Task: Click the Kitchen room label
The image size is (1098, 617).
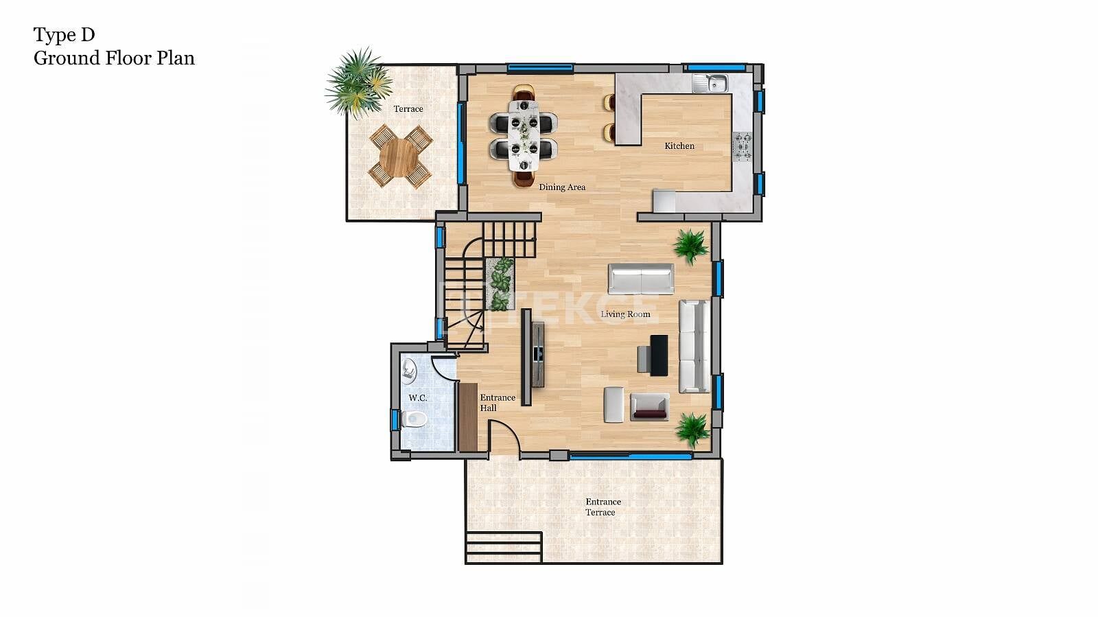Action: pyautogui.click(x=679, y=146)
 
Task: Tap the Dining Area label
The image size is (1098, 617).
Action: pyautogui.click(x=562, y=187)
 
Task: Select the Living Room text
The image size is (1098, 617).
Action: pyautogui.click(x=625, y=314)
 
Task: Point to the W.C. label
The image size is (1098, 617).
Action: pyautogui.click(x=418, y=398)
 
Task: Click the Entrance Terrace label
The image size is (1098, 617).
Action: pyautogui.click(x=603, y=507)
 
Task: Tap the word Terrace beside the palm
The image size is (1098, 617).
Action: pyautogui.click(x=408, y=109)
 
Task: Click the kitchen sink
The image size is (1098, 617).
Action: pyautogui.click(x=710, y=83)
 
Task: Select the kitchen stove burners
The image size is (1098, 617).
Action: pyautogui.click(x=742, y=147)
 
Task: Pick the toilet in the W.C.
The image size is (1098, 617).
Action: pyautogui.click(x=414, y=419)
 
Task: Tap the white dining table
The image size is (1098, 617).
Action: pyautogui.click(x=524, y=136)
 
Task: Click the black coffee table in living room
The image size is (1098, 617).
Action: pyautogui.click(x=659, y=356)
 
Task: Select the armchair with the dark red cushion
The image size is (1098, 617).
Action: pyautogui.click(x=649, y=407)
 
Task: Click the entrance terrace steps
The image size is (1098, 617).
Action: pyautogui.click(x=504, y=548)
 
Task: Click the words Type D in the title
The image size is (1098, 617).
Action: pyautogui.click(x=65, y=35)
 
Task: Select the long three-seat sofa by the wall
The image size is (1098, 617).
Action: pyautogui.click(x=694, y=347)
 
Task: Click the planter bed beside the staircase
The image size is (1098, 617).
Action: pyautogui.click(x=500, y=284)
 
